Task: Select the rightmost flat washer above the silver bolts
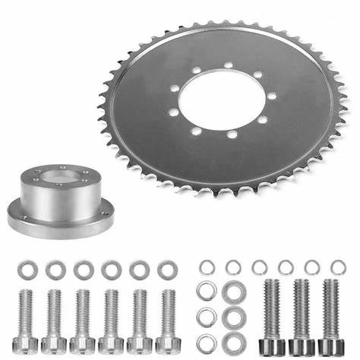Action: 167,270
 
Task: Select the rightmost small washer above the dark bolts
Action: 339,266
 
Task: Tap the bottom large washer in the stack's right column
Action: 232,342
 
